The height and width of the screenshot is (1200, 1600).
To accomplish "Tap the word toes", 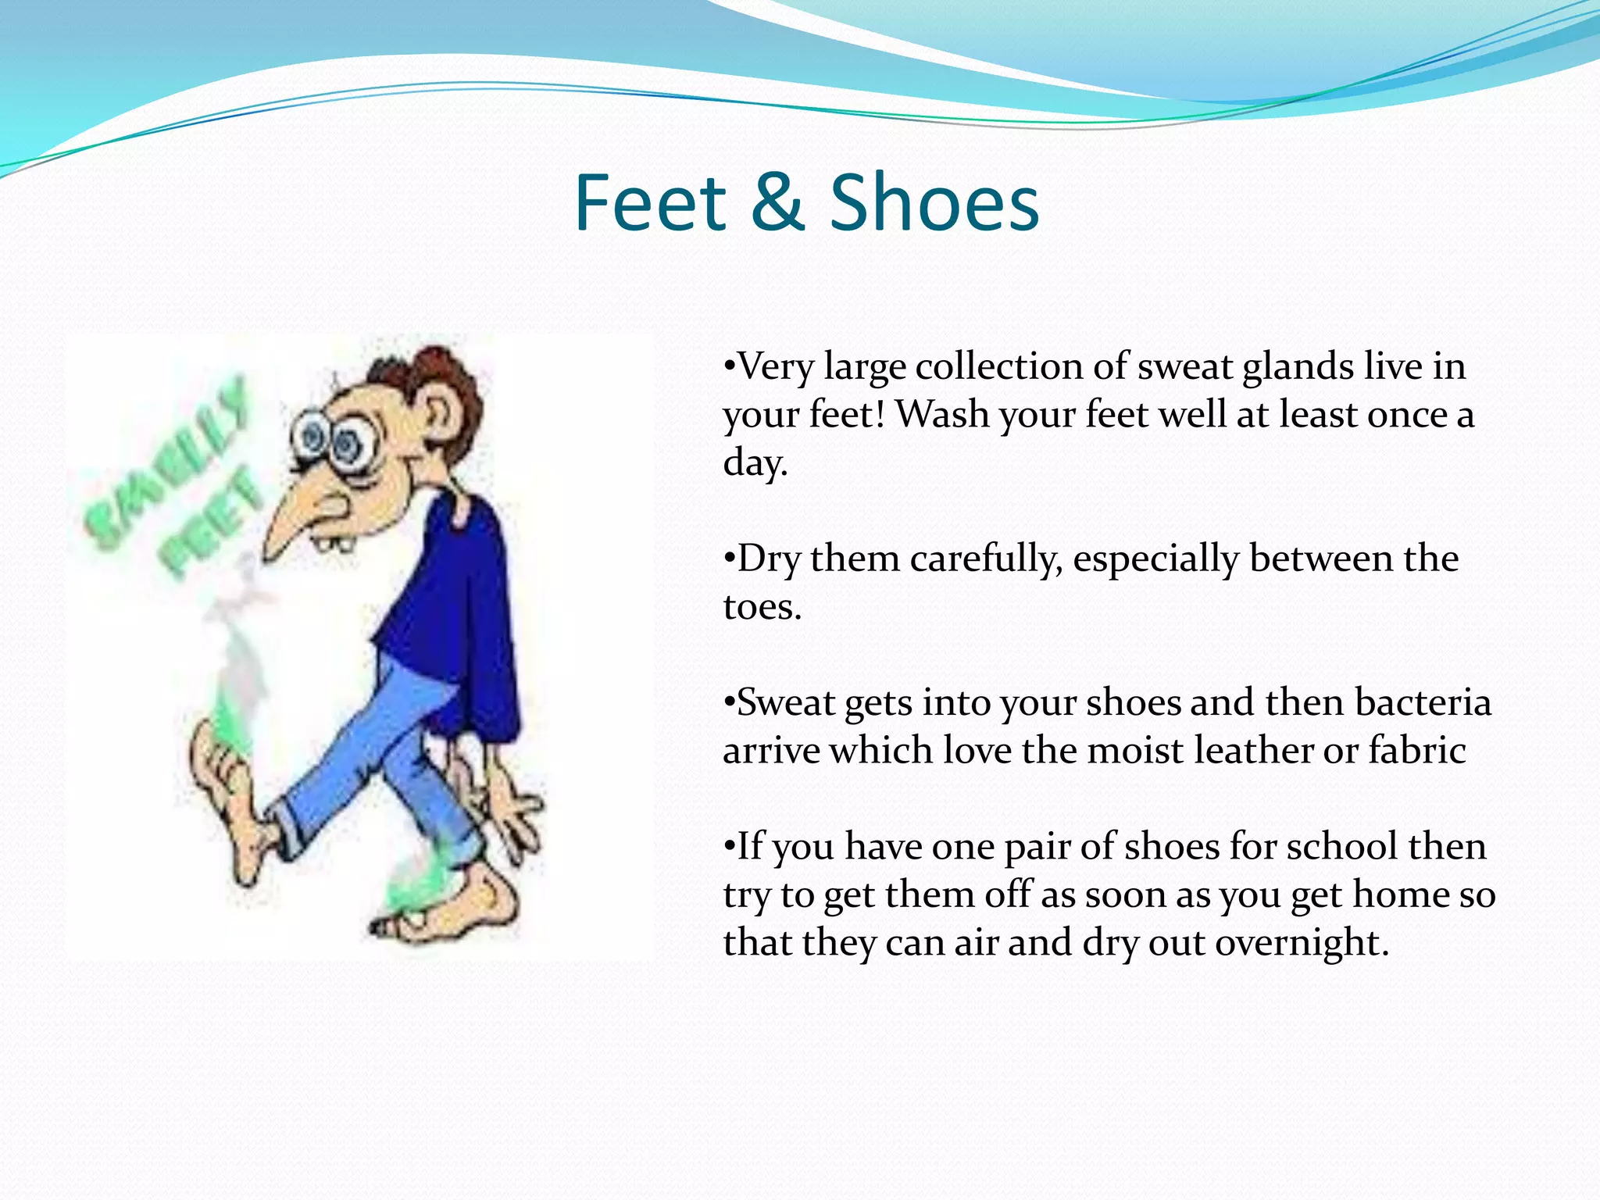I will [x=762, y=608].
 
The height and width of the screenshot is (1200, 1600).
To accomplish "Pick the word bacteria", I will [x=1423, y=702].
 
